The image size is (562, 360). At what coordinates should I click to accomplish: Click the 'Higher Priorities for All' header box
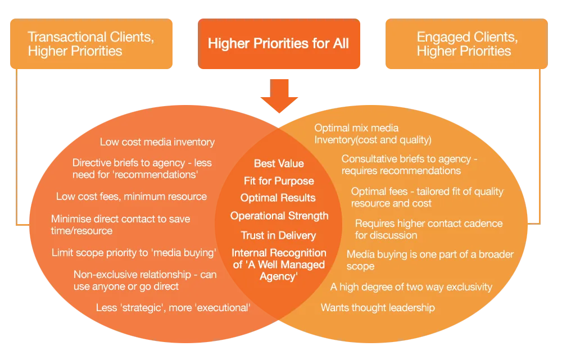pyautogui.click(x=278, y=44)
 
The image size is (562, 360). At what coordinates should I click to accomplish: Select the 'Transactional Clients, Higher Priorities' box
pyautogui.click(x=91, y=44)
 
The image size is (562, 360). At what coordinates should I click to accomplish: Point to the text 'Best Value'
pyautogui.click(x=279, y=163)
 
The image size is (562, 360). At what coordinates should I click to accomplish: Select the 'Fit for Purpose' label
pyautogui.click(x=279, y=181)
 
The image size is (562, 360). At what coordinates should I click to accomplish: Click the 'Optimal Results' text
pyautogui.click(x=278, y=198)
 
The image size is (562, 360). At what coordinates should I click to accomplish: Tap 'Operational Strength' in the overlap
pyautogui.click(x=279, y=216)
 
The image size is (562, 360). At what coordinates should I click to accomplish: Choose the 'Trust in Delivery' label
pyautogui.click(x=279, y=235)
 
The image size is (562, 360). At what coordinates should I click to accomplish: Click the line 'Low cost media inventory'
pyautogui.click(x=157, y=143)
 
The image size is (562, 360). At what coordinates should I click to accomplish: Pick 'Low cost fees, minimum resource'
pyautogui.click(x=132, y=197)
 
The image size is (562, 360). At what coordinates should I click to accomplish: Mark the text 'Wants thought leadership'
pyautogui.click(x=378, y=308)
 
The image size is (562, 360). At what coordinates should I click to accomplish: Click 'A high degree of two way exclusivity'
pyautogui.click(x=411, y=287)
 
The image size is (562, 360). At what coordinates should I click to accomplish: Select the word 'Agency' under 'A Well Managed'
pyautogui.click(x=279, y=276)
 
